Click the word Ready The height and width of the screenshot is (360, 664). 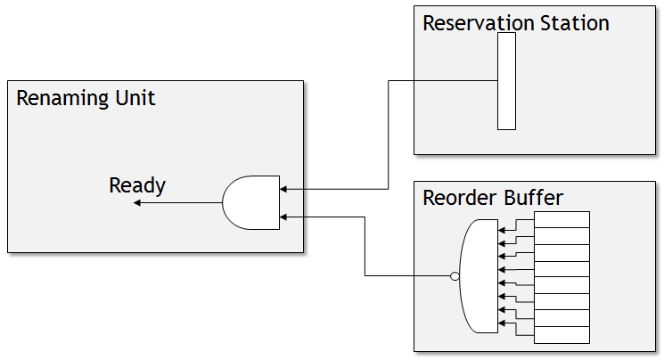click(x=137, y=185)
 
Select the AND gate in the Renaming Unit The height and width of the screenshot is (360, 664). click(x=251, y=202)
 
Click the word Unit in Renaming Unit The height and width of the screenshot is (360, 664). click(x=134, y=98)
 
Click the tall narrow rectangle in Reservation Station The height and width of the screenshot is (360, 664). click(x=506, y=81)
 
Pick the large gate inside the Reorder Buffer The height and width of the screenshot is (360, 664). click(x=480, y=276)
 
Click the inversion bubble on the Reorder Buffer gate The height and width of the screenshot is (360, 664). click(x=455, y=276)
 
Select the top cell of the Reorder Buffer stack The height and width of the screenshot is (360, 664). click(x=562, y=219)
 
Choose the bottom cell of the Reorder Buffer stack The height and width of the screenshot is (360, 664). click(x=562, y=335)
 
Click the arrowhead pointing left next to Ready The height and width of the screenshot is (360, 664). click(x=137, y=203)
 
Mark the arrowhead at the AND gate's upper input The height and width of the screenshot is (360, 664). click(x=283, y=189)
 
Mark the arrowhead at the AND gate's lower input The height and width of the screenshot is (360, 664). click(x=283, y=217)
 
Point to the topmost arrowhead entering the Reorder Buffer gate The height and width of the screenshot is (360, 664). click(x=502, y=230)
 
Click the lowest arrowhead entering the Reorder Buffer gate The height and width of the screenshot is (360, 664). click(x=502, y=323)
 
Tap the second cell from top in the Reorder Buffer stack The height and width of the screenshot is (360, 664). click(x=562, y=236)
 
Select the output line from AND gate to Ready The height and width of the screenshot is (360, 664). click(x=178, y=203)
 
